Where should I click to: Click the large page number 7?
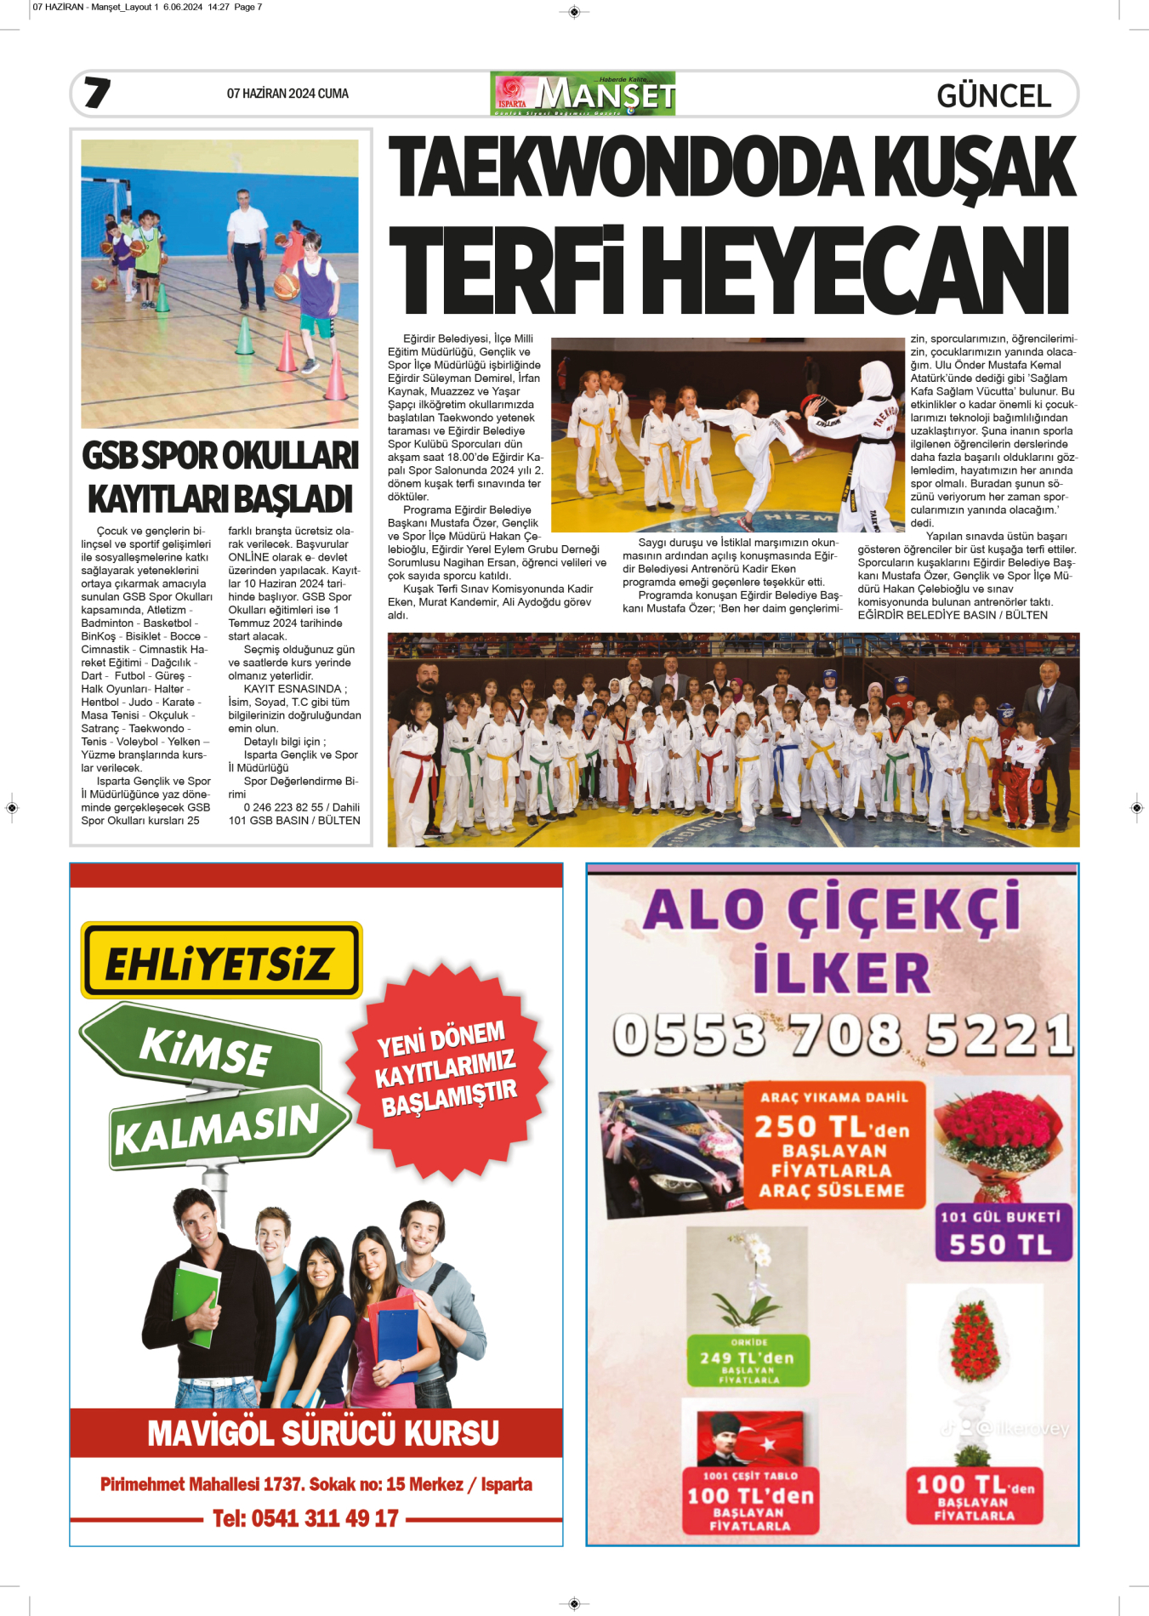pyautogui.click(x=97, y=93)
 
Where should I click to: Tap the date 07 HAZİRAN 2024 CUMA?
pyautogui.click(x=287, y=94)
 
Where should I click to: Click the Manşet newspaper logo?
pyautogui.click(x=583, y=94)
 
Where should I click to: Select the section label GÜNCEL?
pyautogui.click(x=993, y=95)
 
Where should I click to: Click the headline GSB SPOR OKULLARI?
pyautogui.click(x=220, y=456)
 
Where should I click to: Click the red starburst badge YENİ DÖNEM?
pyautogui.click(x=447, y=1068)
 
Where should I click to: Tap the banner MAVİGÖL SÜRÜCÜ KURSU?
pyautogui.click(x=322, y=1433)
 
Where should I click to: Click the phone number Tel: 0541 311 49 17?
pyautogui.click(x=305, y=1518)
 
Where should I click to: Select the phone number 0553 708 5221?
pyautogui.click(x=842, y=1034)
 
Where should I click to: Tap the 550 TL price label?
pyautogui.click(x=1001, y=1244)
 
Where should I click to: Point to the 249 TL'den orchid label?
pyautogui.click(x=748, y=1358)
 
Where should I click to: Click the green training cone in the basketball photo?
pyautogui.click(x=245, y=336)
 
